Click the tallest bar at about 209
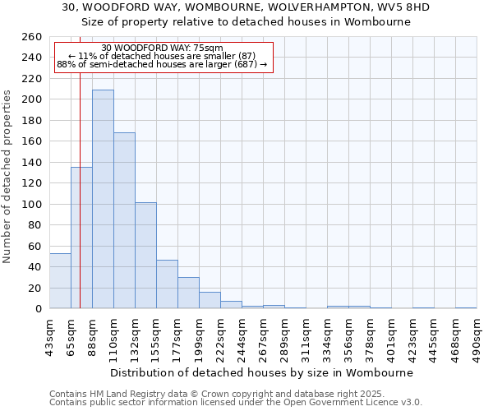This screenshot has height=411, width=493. coord(103,199)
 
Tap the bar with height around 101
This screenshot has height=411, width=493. coord(145,256)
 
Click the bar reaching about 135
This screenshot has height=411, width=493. coord(81,238)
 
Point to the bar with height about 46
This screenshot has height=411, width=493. coord(167,284)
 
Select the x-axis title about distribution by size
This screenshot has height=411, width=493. coord(262,372)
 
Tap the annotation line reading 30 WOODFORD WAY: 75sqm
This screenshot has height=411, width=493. coord(163,48)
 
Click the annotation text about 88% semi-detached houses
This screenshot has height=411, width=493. coord(163,64)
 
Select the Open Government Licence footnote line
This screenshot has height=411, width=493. coord(236,403)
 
